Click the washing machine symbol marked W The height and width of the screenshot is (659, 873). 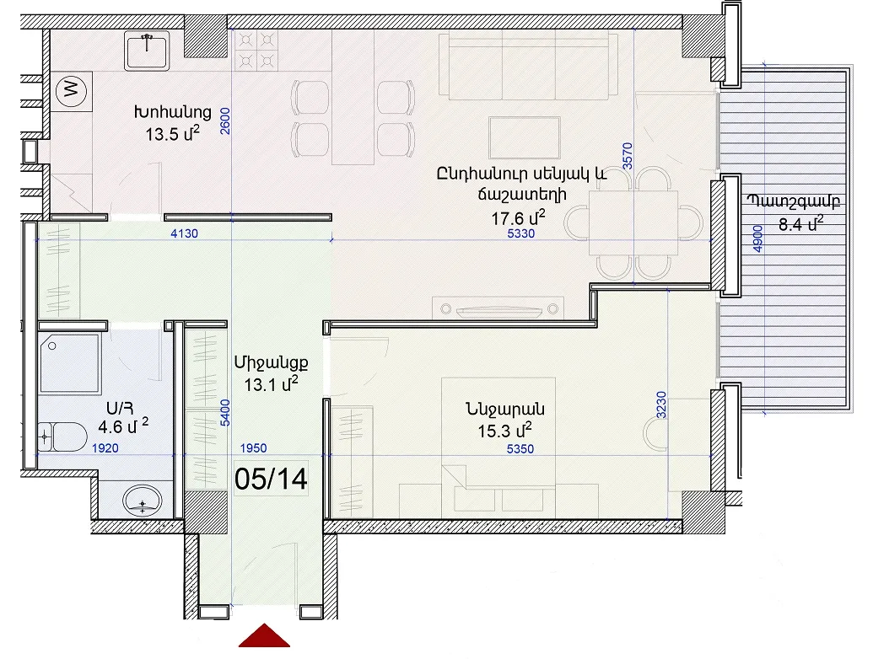[x=72, y=88]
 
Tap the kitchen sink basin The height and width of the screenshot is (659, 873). [x=147, y=51]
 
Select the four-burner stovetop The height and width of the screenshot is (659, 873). [x=256, y=50]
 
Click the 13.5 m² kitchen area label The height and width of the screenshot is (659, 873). [x=172, y=134]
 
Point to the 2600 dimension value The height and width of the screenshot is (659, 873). [x=225, y=121]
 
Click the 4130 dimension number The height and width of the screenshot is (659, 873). [x=184, y=233]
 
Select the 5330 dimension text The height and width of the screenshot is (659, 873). [x=520, y=233]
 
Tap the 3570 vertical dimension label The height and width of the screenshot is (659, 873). [x=628, y=156]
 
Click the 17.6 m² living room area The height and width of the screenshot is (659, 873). [x=518, y=218]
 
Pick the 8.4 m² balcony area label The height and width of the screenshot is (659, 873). [x=800, y=224]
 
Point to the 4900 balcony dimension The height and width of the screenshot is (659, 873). [x=757, y=238]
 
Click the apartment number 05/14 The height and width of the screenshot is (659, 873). [x=271, y=479]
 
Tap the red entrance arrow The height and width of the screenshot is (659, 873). [x=265, y=635]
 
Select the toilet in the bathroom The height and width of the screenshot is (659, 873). [x=62, y=437]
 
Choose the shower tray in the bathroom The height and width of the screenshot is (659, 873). [x=70, y=363]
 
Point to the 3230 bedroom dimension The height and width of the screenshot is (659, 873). [x=661, y=405]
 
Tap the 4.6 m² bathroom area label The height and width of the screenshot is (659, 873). [x=123, y=426]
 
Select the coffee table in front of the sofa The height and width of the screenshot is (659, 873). [x=525, y=138]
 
